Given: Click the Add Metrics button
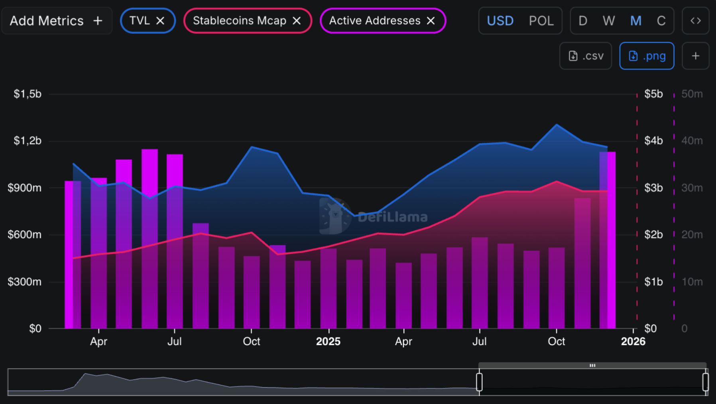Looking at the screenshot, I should click(56, 21).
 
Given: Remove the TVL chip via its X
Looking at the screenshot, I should click(160, 21).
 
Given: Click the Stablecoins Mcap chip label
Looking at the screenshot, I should click(239, 21).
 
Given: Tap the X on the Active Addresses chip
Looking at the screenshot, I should click(431, 21).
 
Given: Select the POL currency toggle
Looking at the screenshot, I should click(541, 21).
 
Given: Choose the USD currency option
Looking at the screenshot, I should click(500, 21).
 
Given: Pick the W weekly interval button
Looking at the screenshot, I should click(608, 21).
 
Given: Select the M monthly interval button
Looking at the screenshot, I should click(635, 21).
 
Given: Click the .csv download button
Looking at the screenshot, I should click(585, 56).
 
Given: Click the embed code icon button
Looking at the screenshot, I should click(695, 21).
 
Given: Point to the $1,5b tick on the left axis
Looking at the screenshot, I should click(28, 94).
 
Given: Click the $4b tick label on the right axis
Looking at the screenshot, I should click(653, 141).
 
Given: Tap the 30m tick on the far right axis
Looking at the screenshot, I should click(692, 188).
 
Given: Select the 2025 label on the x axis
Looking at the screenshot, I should click(328, 341).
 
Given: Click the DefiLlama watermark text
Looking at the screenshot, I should click(392, 217).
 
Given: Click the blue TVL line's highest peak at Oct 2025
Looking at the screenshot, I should click(557, 125).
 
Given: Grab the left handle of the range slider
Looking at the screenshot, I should click(479, 382).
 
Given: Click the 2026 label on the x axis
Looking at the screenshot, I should click(633, 341).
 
